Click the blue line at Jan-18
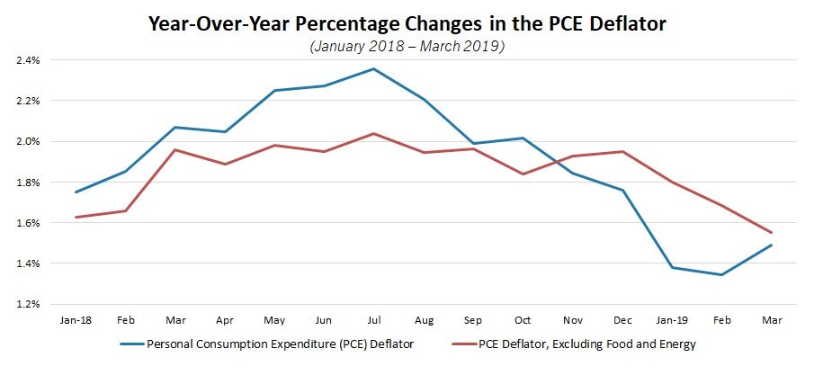pos(76,192)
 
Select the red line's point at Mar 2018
pos(174,149)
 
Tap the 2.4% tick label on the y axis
pos(27,60)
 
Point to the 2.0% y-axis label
pos(27,142)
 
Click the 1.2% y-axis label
pos(27,304)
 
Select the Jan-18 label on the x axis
pos(76,319)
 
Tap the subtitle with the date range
pos(407,46)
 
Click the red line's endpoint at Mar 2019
pos(771,233)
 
